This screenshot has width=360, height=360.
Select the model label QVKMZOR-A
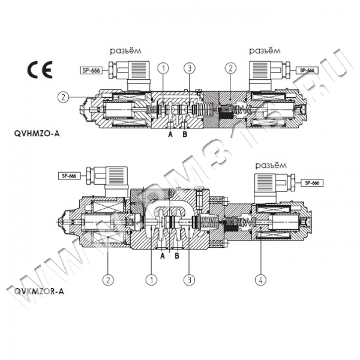37,292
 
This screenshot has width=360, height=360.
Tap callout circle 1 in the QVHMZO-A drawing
163,68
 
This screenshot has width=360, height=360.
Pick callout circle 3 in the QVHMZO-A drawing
189,68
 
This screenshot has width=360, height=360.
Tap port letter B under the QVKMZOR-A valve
176,255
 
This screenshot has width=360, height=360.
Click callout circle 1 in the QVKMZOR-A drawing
152,279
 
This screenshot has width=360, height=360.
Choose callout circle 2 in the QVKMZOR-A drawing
108,279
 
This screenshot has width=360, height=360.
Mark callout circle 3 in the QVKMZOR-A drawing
190,279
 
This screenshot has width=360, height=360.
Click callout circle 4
262,279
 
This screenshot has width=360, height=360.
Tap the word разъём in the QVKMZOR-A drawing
268,165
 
